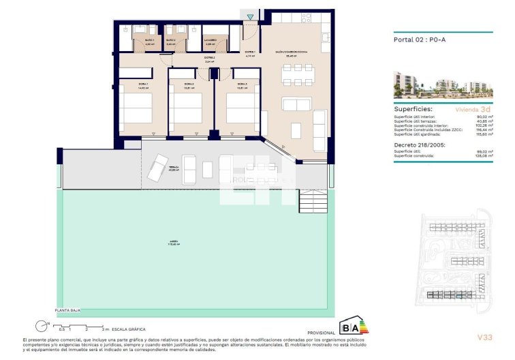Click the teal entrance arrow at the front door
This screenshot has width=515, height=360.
pos(251,16)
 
